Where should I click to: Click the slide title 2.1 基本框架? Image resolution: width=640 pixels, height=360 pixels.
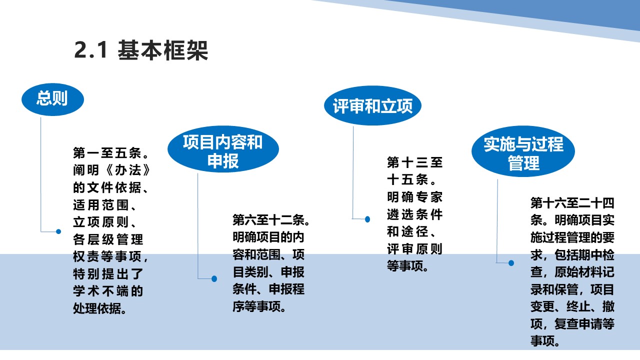pyautogui.click(x=141, y=50)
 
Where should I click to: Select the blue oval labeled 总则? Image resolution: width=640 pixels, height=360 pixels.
pyautogui.click(x=53, y=99)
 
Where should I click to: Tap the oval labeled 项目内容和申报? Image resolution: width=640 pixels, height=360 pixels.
pyautogui.click(x=223, y=149)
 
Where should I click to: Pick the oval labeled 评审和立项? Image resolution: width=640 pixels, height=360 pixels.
pyautogui.click(x=372, y=105)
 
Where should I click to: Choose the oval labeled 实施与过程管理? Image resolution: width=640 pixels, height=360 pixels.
pyautogui.click(x=523, y=151)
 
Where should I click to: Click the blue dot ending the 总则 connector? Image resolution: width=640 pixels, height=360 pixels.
pyautogui.click(x=58, y=231)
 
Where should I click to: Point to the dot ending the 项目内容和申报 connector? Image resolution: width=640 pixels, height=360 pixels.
pyautogui.click(x=214, y=278)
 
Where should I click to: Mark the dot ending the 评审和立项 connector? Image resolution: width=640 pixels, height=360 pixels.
pyautogui.click(x=367, y=219)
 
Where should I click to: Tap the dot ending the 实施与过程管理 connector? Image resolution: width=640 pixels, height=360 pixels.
pyautogui.click(x=511, y=263)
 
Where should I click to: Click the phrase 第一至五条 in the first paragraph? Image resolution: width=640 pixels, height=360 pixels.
pyautogui.click(x=107, y=153)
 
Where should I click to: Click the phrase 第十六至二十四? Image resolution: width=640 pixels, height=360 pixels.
pyautogui.click(x=572, y=203)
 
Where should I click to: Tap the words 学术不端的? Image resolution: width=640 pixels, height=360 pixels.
pyautogui.click(x=107, y=291)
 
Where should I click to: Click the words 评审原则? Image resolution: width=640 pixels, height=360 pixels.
pyautogui.click(x=415, y=249)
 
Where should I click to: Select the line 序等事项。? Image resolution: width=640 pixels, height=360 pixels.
pyautogui.click(x=259, y=306)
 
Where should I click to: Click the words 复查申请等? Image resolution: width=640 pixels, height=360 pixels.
pyautogui.click(x=584, y=323)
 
